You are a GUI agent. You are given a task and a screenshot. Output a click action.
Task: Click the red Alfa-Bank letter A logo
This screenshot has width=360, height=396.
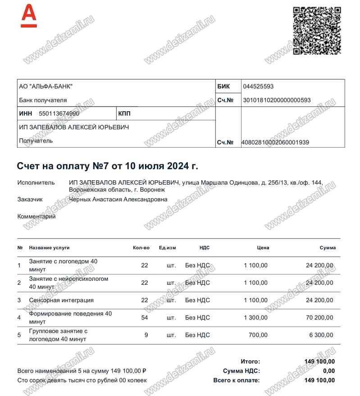tap(28, 16)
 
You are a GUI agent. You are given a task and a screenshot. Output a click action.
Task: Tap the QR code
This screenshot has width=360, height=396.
tap(317, 30)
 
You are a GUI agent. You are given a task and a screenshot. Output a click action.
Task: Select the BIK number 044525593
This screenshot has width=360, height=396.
tap(258, 86)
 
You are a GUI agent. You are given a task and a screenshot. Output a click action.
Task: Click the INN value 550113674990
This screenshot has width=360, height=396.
tap(59, 114)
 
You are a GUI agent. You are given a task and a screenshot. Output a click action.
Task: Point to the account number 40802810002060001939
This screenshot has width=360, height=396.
tap(275, 142)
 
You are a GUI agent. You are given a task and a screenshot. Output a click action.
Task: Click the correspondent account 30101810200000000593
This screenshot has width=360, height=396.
tap(277, 100)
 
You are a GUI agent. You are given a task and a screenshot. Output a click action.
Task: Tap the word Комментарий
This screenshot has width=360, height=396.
tap(36, 216)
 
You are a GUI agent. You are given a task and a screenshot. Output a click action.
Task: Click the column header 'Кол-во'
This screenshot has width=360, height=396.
tap(141, 247)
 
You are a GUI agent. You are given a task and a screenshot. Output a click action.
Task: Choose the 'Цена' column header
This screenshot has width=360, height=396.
tap(263, 247)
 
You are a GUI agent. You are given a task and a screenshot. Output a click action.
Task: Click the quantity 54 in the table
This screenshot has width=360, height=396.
tap(145, 317)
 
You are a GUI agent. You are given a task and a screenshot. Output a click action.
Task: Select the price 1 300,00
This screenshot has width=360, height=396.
tap(255, 317)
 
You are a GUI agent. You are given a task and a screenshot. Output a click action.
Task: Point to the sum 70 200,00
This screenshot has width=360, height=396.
tap(319, 317)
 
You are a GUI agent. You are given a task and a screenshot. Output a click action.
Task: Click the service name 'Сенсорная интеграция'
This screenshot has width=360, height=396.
tap(61, 300)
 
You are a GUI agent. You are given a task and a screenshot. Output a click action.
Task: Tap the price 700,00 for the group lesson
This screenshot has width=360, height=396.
tap(259, 335)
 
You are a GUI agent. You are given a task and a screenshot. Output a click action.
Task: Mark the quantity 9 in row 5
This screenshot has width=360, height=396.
tap(146, 335)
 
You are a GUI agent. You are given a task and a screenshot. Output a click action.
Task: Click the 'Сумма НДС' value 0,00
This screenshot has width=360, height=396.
tap(328, 371)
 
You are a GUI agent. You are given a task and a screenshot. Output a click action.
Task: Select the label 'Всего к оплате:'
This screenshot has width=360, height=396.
tap(237, 380)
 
